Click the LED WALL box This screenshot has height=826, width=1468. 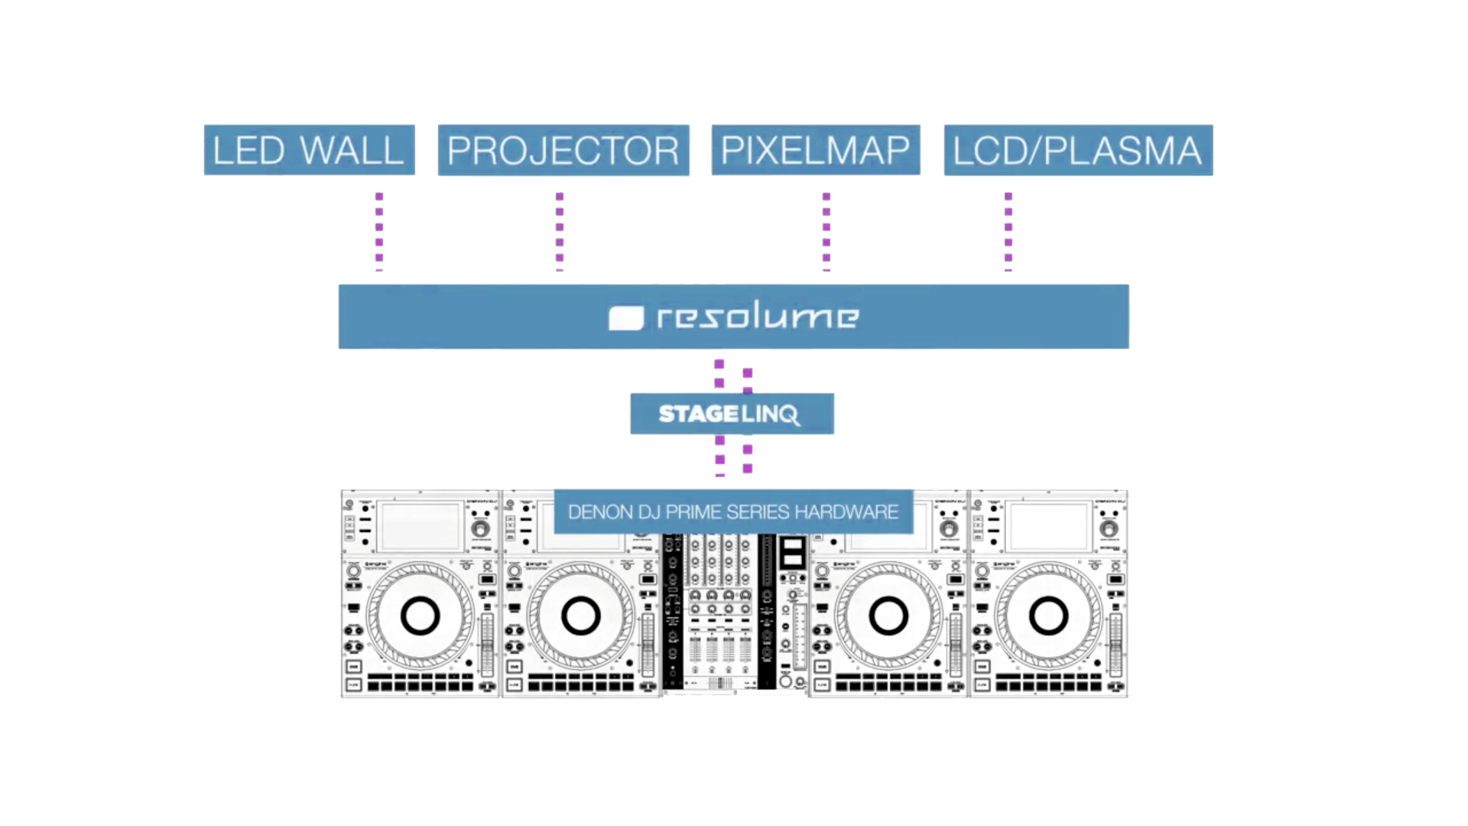click(x=309, y=150)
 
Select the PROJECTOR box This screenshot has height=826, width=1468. click(x=563, y=150)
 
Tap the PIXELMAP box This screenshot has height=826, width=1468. click(x=815, y=150)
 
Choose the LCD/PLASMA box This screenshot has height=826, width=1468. click(x=1078, y=150)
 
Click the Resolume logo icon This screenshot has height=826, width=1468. click(x=625, y=318)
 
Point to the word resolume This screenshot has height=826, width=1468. click(x=757, y=316)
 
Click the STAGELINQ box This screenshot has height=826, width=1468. click(x=732, y=414)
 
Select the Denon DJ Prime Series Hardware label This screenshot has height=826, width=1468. click(x=732, y=512)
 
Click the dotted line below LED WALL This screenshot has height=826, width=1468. click(x=379, y=229)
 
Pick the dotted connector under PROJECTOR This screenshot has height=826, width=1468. click(x=560, y=229)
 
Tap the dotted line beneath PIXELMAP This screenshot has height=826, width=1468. click(x=826, y=229)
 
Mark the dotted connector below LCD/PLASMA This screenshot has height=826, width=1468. click(x=1008, y=229)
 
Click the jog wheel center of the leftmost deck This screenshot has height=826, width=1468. click(x=420, y=616)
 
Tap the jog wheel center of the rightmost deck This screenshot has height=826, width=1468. click(x=1047, y=616)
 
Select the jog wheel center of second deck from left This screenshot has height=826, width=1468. click(x=580, y=616)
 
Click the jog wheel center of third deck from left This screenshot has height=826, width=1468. click(x=888, y=616)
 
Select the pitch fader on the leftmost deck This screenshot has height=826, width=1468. click(x=487, y=642)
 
